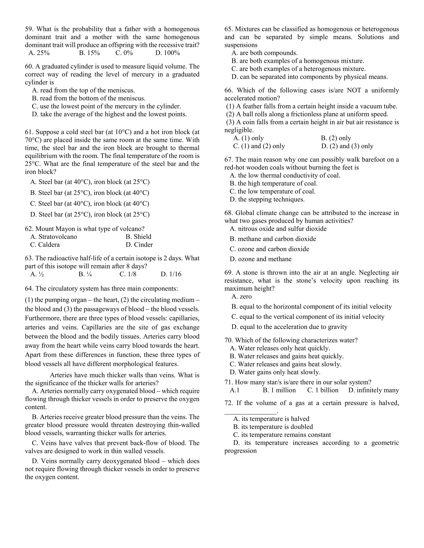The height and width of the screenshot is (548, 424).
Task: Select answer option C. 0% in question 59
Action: click(124, 53)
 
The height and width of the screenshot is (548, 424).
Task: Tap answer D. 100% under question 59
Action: click(167, 53)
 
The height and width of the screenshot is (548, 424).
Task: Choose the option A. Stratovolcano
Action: click(53, 237)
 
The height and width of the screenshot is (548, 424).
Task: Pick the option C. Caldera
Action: click(45, 245)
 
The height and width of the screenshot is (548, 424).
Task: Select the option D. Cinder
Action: click(139, 245)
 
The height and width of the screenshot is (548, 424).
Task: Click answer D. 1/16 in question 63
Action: click(171, 274)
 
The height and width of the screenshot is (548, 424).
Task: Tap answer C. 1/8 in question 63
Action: click(128, 274)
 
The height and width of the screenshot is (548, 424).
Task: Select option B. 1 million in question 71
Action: click(279, 390)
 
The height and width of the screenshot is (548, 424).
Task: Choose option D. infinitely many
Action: click(373, 390)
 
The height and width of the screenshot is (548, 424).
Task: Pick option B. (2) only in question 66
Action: click(336, 138)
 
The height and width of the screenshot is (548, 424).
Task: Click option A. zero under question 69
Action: click(241, 297)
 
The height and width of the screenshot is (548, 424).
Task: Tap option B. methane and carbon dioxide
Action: click(273, 239)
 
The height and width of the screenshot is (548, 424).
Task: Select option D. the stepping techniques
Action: click(267, 200)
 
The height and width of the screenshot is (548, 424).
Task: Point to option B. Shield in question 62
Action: click(139, 237)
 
